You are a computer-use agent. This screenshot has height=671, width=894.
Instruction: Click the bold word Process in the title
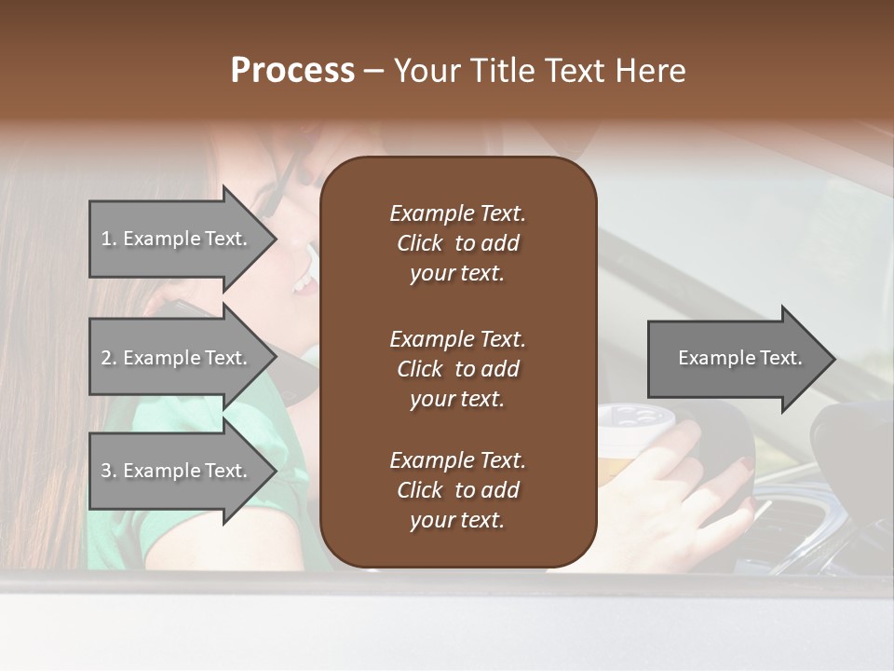(x=292, y=71)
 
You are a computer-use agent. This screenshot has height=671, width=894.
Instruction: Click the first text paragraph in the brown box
(x=457, y=243)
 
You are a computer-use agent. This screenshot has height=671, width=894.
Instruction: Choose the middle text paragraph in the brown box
(x=457, y=369)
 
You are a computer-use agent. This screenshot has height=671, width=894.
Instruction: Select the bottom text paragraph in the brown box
(x=457, y=490)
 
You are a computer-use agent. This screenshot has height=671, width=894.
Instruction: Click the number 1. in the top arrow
(x=109, y=239)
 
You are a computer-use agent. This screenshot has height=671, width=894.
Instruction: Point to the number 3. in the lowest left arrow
(x=109, y=471)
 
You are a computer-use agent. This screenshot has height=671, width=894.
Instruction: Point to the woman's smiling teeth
(x=305, y=281)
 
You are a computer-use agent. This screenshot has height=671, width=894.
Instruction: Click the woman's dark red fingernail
(x=744, y=465)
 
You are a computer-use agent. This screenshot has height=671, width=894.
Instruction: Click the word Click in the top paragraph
(x=419, y=243)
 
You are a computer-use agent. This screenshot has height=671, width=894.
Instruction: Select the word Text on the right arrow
(x=780, y=358)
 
